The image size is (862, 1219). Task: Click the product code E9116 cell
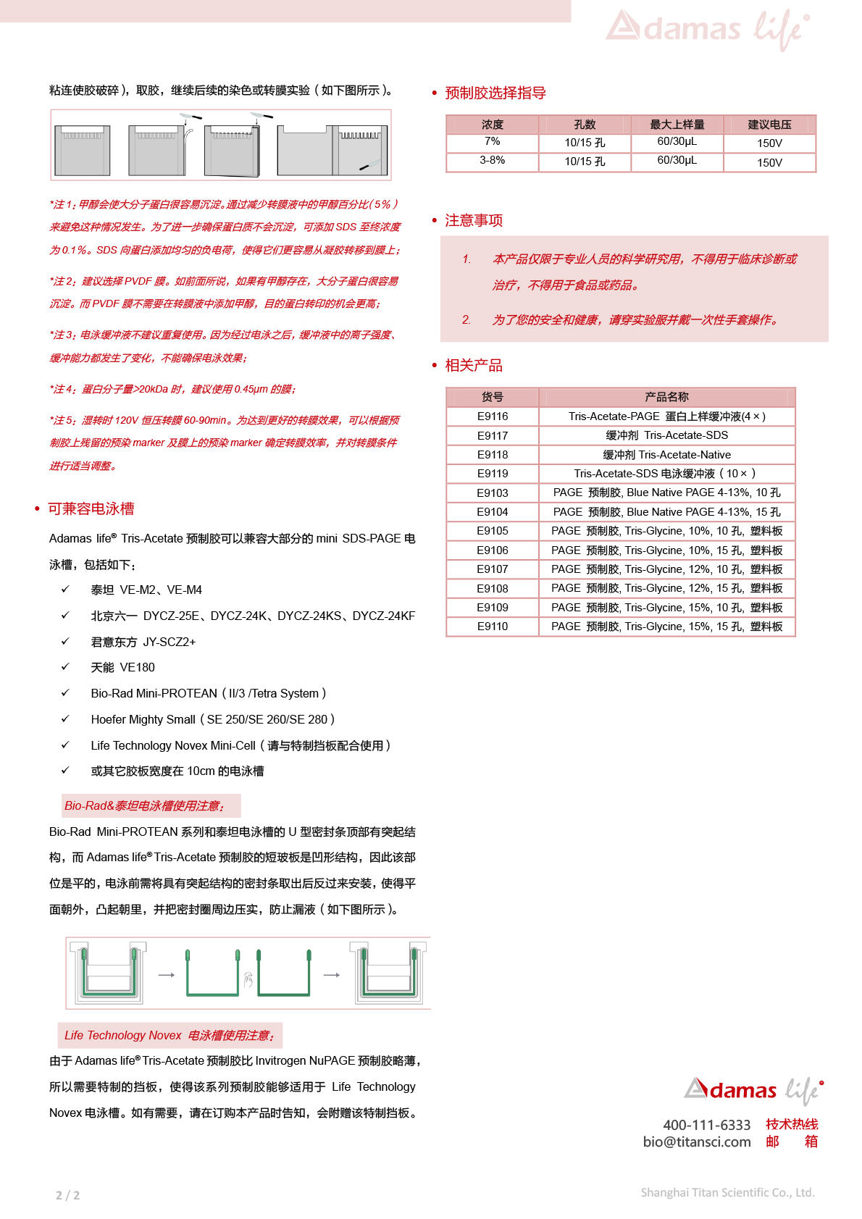pos(493,416)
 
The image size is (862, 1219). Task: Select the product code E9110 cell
pos(493,627)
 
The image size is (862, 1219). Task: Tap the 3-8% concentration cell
pos(493,160)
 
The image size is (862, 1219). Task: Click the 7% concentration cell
pos(493,141)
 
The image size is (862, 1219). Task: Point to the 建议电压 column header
pos(769,125)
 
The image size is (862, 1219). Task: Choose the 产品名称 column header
pos(666,397)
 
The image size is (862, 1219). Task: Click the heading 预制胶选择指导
pos(495,93)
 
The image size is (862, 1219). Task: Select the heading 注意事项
pos(474,220)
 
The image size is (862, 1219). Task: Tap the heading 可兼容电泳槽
pos(91,508)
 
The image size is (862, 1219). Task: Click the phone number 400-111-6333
pos(707,1125)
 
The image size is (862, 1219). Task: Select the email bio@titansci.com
pos(697,1142)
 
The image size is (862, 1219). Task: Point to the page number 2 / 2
pos(68,1195)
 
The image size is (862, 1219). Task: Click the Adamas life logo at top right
pos(707,29)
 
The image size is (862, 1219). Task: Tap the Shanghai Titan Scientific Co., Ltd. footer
pos(727,1192)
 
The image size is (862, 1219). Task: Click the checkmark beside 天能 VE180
pos(65,667)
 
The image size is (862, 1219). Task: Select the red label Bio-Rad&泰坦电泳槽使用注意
pos(145,805)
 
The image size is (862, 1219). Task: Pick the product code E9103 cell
pos(493,493)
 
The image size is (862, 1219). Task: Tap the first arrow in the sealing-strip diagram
pos(167,975)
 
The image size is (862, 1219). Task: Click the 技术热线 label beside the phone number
pos(792,1124)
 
